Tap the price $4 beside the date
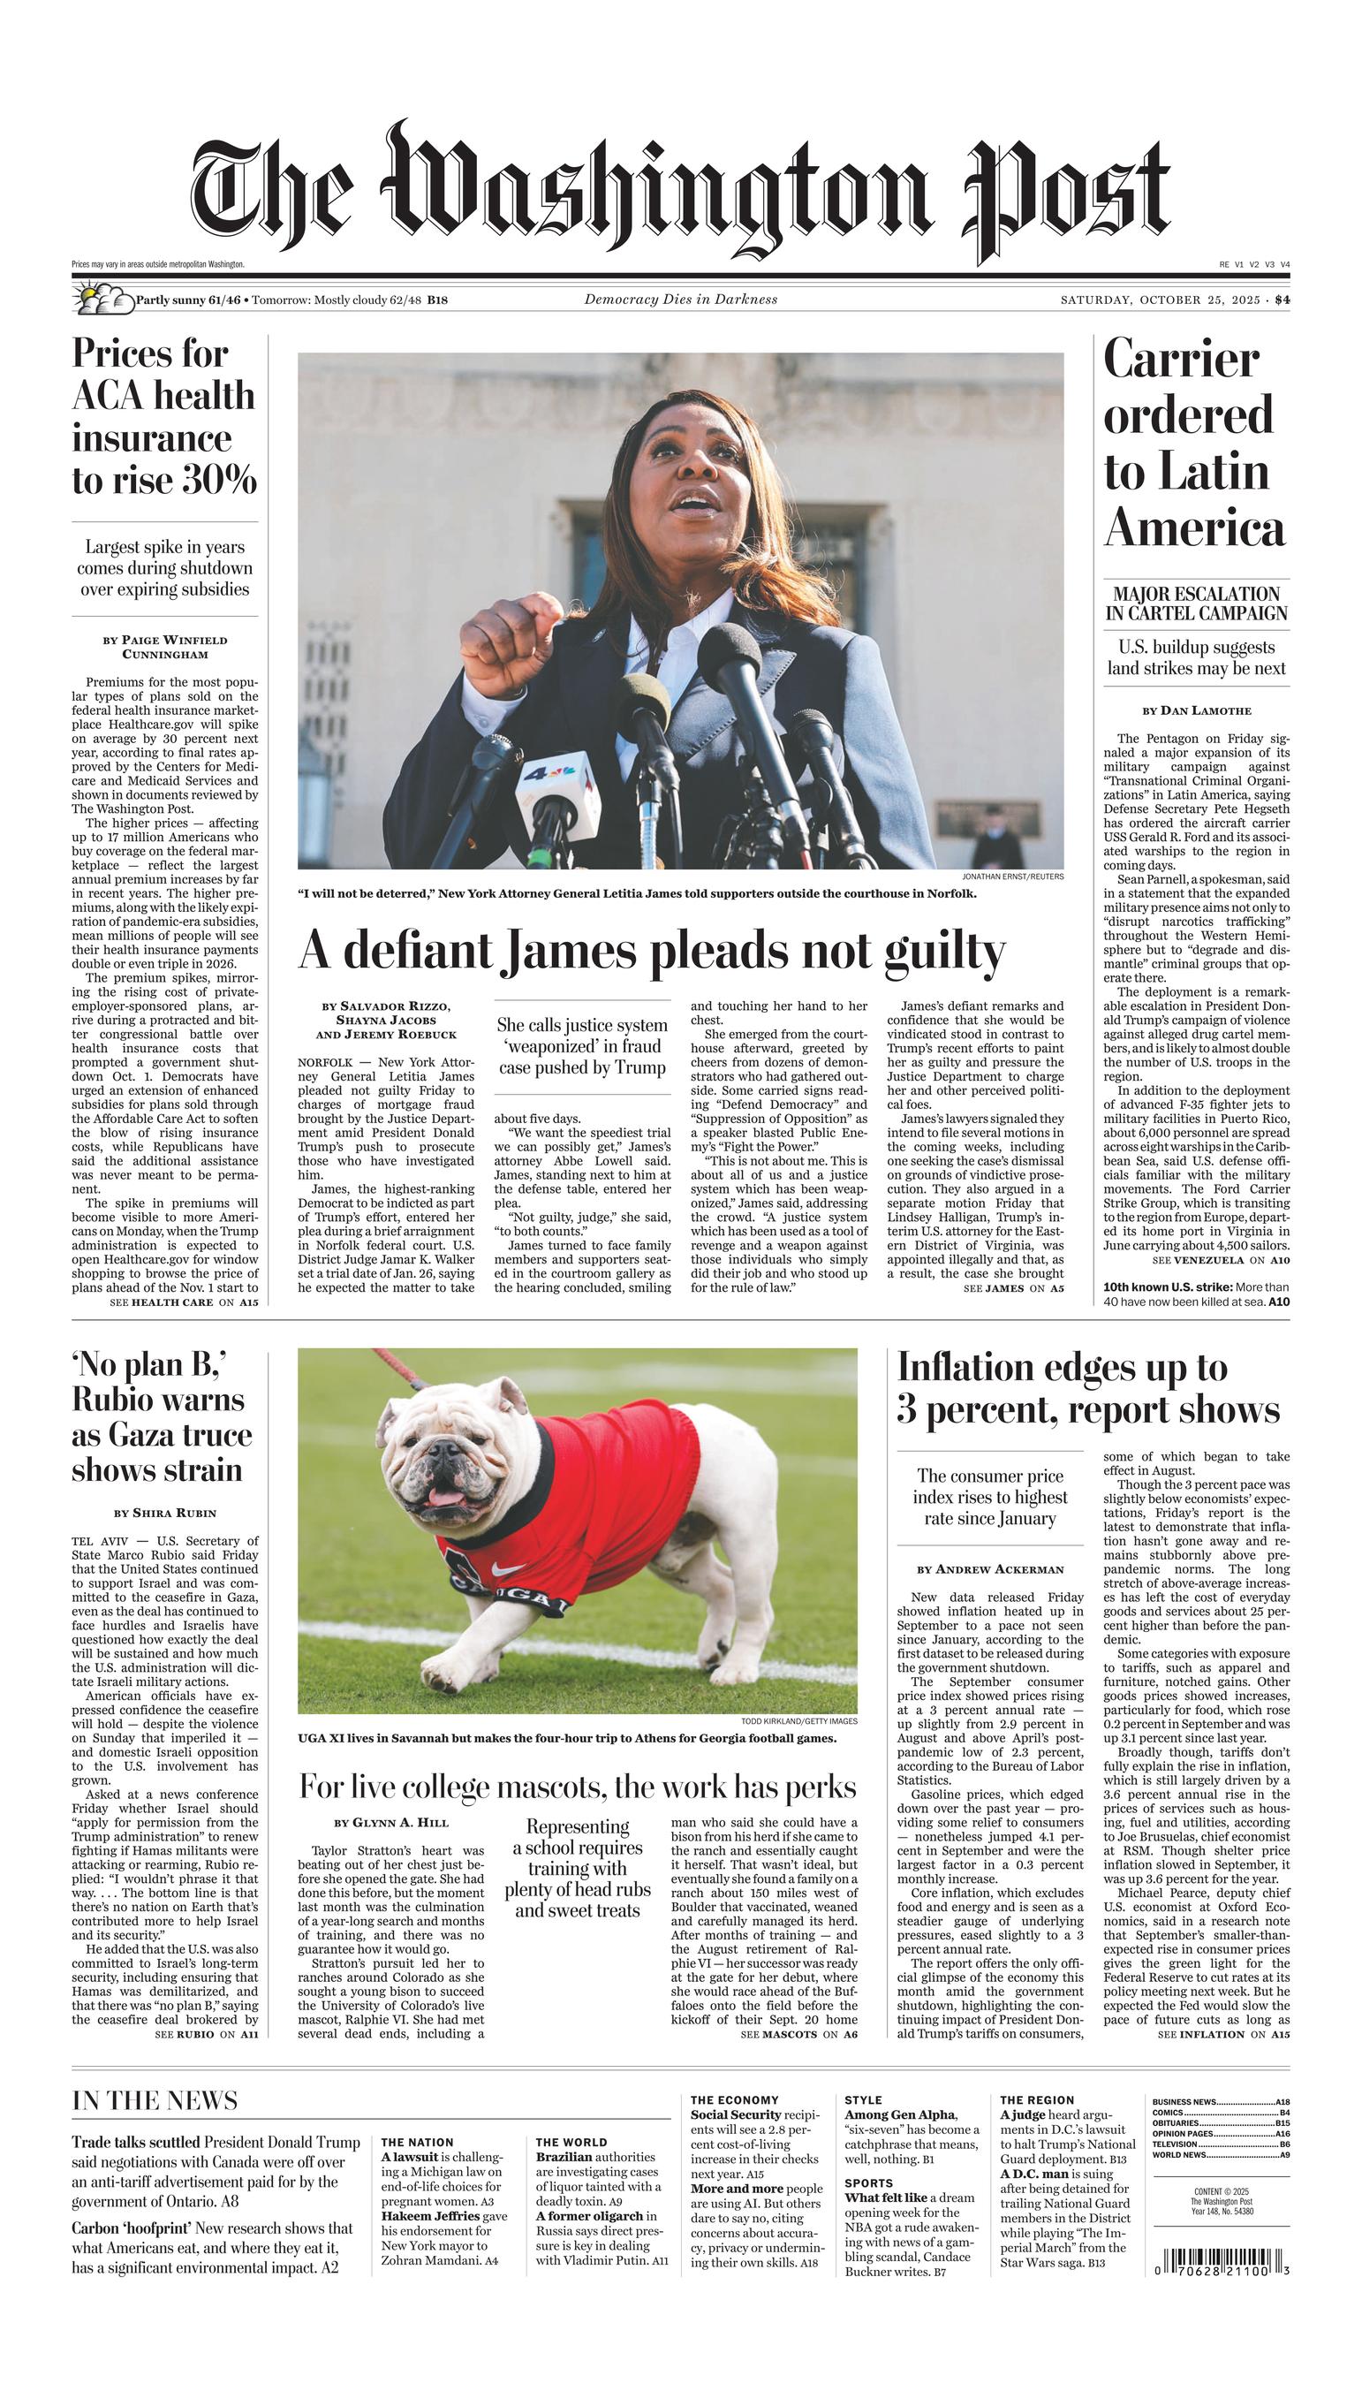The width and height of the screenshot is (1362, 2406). click(x=1282, y=300)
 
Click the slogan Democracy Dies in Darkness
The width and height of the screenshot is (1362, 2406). click(x=680, y=300)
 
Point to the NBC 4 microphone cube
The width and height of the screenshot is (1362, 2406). click(x=557, y=782)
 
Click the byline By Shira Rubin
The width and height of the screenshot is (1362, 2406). click(x=164, y=1513)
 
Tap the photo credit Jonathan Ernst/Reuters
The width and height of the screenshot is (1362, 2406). click(x=1012, y=877)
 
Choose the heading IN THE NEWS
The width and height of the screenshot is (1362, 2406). click(x=155, y=2100)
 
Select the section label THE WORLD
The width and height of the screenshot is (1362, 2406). click(x=571, y=2142)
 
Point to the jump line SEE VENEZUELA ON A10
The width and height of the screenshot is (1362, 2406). click(x=1220, y=1260)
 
